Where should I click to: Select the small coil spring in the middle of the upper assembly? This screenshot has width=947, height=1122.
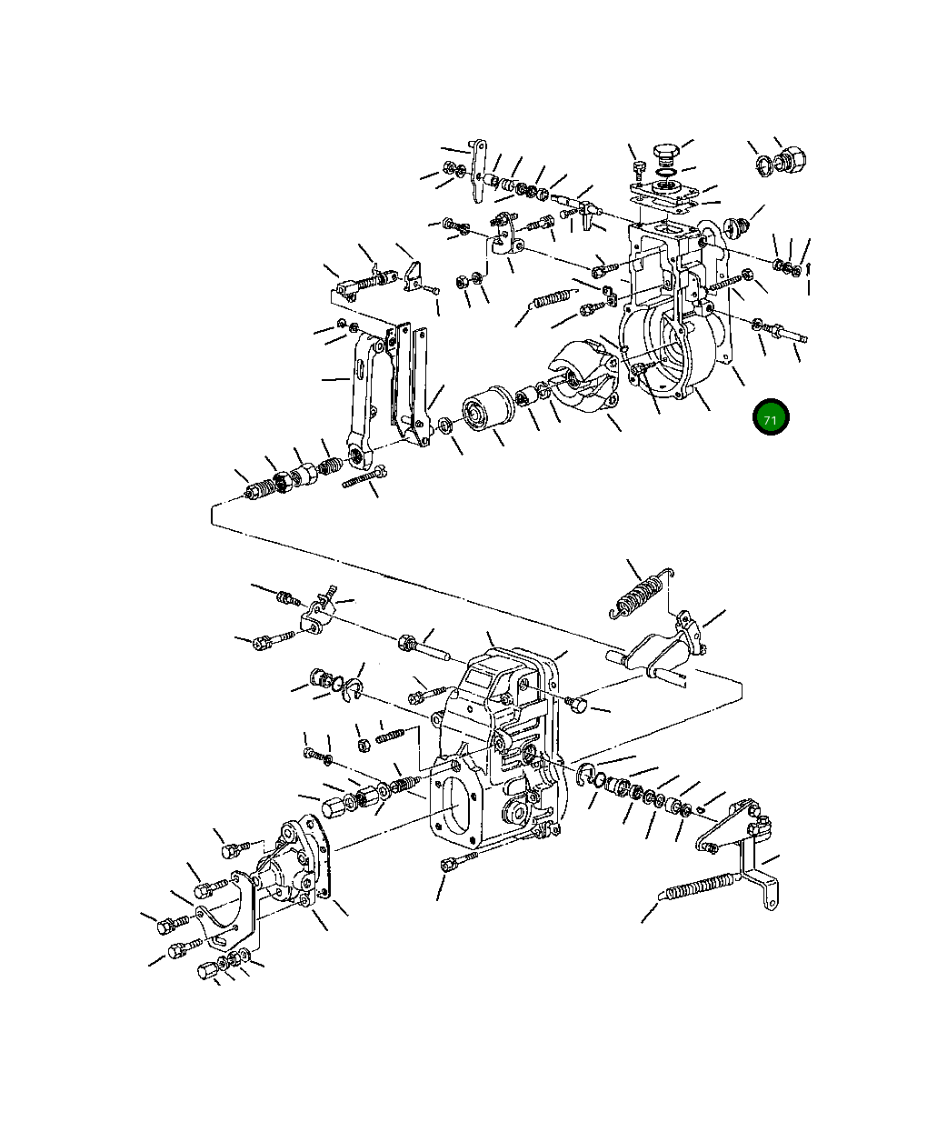tap(552, 297)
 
